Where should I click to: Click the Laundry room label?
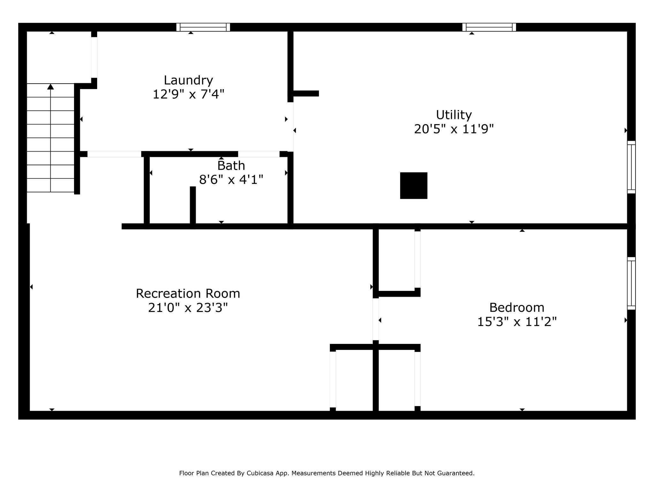click(x=188, y=80)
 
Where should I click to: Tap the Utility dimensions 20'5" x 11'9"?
click(x=454, y=129)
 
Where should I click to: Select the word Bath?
click(x=231, y=166)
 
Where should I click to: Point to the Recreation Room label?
click(x=188, y=293)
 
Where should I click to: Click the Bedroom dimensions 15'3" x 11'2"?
click(x=517, y=322)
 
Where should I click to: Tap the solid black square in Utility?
click(x=414, y=186)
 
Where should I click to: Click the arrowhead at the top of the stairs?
click(x=50, y=86)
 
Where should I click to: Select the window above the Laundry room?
click(x=203, y=27)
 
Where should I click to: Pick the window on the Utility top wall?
click(x=489, y=27)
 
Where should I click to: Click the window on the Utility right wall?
click(x=631, y=167)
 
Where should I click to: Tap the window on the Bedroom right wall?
click(x=631, y=283)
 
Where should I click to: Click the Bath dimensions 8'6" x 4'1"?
click(x=231, y=180)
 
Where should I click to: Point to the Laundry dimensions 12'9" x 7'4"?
click(x=188, y=94)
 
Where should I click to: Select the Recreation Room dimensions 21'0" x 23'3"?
click(x=188, y=308)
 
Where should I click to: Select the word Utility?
click(x=454, y=115)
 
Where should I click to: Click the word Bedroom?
click(x=517, y=308)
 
